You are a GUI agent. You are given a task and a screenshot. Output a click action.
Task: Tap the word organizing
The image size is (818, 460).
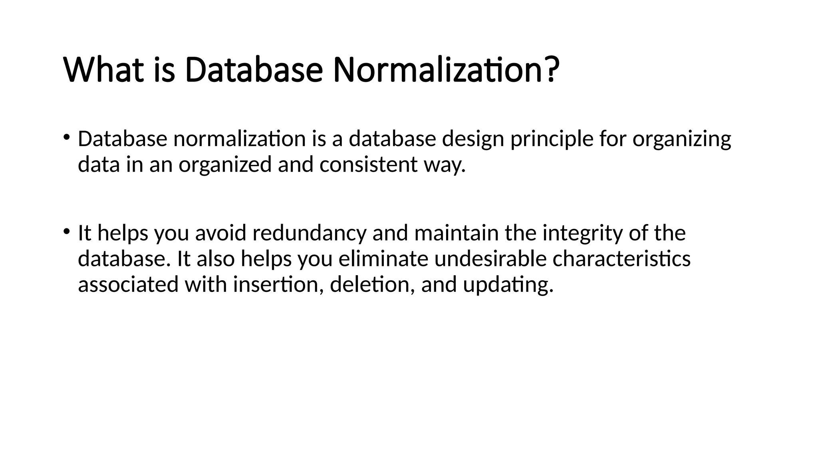pos(681,139)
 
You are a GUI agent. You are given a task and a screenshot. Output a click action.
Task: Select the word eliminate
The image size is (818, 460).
pos(383,259)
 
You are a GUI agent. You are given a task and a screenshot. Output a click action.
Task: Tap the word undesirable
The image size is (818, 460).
pos(490,259)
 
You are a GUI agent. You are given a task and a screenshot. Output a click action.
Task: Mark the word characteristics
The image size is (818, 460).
pos(621,259)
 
